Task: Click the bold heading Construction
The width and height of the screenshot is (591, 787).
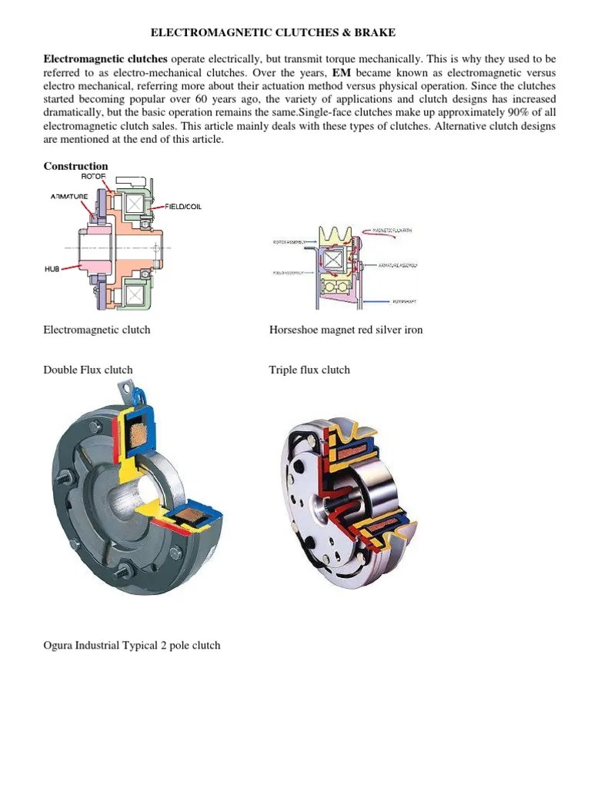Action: (75, 166)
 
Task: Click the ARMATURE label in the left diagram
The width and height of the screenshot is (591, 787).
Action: (69, 197)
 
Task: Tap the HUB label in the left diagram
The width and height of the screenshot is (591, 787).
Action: (52, 269)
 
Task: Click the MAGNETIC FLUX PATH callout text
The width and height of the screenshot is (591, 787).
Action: (395, 231)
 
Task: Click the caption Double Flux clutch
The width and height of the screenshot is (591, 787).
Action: (88, 370)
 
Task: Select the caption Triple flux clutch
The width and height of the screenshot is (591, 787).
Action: (309, 370)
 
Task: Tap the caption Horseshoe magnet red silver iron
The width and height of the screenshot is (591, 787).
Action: (346, 330)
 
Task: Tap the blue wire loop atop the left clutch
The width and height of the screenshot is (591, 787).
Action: (139, 396)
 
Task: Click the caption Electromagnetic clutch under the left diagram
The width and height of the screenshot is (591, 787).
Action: (97, 330)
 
